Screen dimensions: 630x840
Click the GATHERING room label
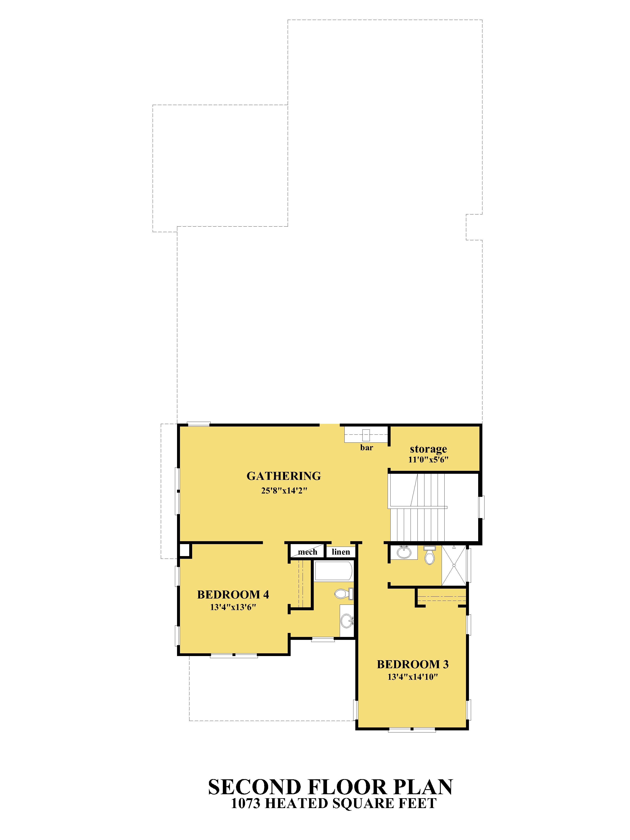coord(284,476)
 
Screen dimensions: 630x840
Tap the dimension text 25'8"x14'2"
coord(284,491)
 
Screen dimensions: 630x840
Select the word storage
coord(428,449)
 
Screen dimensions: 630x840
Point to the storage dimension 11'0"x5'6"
coord(428,459)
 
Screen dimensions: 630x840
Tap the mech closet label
coord(307,552)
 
